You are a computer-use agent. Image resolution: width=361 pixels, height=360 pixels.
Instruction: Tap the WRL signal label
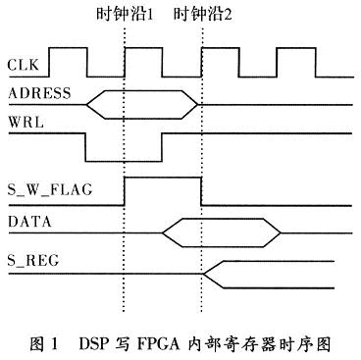(25, 125)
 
